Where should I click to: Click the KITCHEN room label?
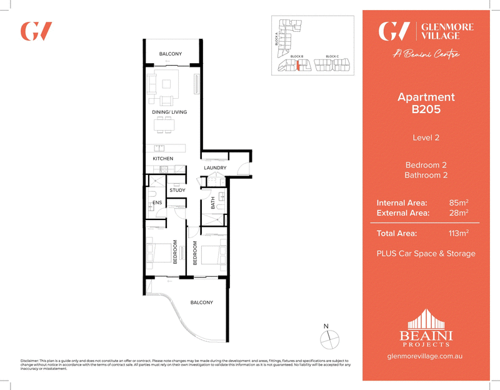click(163, 159)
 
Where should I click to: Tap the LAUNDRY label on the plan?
click(214, 168)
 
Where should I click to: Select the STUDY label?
click(177, 189)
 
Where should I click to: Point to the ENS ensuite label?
click(157, 203)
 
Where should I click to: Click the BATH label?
click(213, 202)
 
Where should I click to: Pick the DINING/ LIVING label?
click(170, 112)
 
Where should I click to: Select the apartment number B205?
click(426, 109)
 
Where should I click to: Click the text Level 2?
click(426, 137)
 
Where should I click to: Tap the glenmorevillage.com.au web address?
click(426, 356)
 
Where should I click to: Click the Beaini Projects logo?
click(426, 327)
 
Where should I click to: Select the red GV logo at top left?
click(36, 31)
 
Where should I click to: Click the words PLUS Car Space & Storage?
click(426, 254)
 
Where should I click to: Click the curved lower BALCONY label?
click(202, 302)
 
